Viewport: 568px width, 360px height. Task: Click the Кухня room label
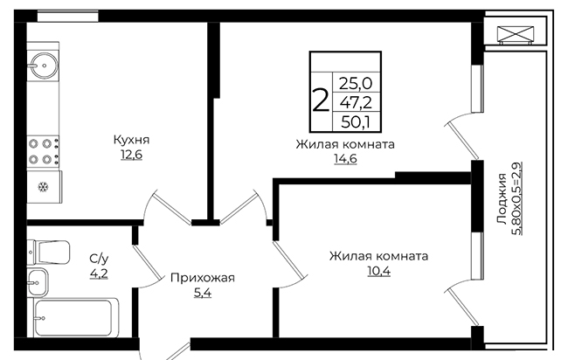click(x=131, y=140)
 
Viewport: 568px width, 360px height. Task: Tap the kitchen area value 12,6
click(x=131, y=155)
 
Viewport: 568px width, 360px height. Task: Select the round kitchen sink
click(x=44, y=66)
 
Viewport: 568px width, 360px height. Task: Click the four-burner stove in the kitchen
click(x=44, y=151)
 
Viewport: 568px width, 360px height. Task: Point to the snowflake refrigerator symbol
click(x=43, y=187)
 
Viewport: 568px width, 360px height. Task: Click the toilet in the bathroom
click(x=49, y=252)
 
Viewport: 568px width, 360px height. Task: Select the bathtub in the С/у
click(x=76, y=318)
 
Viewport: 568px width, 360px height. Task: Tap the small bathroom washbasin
click(x=38, y=282)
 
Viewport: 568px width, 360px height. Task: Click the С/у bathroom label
click(x=99, y=259)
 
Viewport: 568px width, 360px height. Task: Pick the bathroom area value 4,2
click(x=99, y=273)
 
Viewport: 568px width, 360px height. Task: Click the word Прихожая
click(x=203, y=278)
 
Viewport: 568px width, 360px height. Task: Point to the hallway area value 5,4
click(x=203, y=293)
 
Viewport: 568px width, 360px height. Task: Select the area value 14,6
click(x=345, y=159)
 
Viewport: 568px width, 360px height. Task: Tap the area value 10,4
click(x=379, y=271)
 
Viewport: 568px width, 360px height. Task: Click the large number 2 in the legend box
click(x=321, y=101)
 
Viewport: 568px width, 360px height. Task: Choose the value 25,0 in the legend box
click(x=356, y=84)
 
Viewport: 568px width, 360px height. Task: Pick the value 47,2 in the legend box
click(x=356, y=103)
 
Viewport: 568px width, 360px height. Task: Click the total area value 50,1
click(x=356, y=122)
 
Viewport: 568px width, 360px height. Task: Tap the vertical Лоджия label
click(x=502, y=198)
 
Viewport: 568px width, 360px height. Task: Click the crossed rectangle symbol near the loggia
click(x=515, y=35)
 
